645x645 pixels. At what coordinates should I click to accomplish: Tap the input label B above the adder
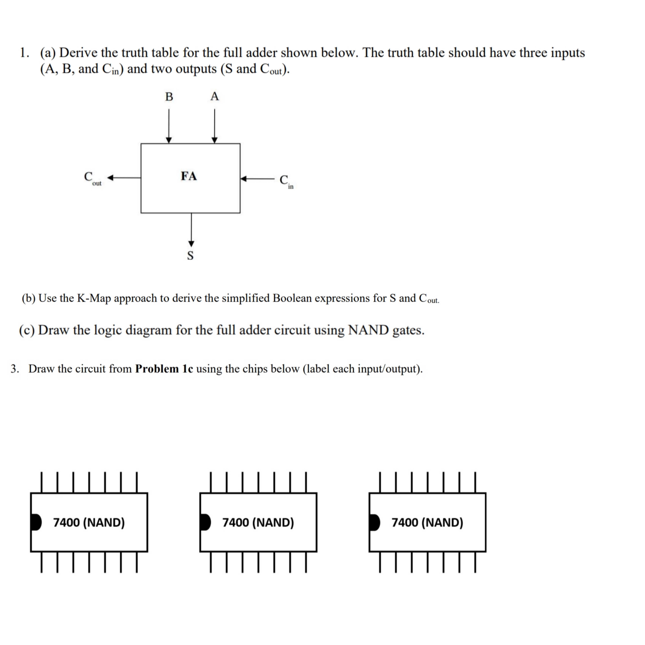pyautogui.click(x=169, y=96)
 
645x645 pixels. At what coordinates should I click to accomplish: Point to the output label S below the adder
pyautogui.click(x=190, y=255)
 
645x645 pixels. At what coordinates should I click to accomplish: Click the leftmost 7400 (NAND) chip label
pyautogui.click(x=89, y=522)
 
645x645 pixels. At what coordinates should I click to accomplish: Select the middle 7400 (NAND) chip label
pyautogui.click(x=258, y=522)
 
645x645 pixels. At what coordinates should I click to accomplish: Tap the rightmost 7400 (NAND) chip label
pyautogui.click(x=427, y=522)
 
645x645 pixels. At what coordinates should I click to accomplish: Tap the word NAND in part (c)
pyautogui.click(x=368, y=330)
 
